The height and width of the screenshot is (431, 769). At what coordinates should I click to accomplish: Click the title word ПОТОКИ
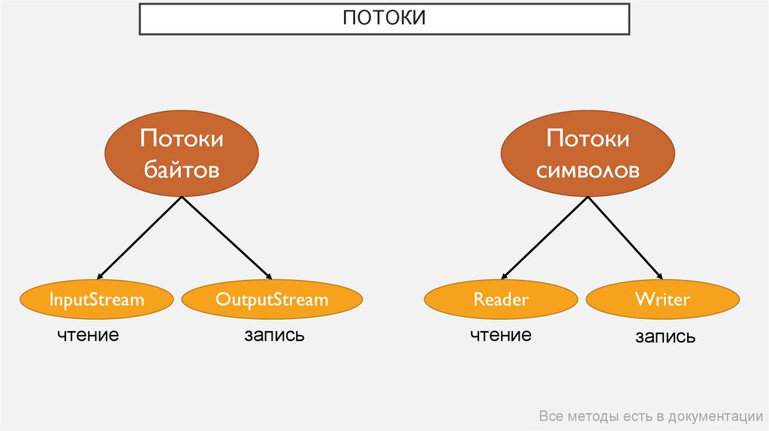[x=384, y=18]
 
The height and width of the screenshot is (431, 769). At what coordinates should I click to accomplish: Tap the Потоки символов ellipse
[x=577, y=155]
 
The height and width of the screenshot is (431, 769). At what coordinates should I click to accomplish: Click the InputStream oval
[x=96, y=300]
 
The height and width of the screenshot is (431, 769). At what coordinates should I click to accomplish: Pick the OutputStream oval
[x=272, y=300]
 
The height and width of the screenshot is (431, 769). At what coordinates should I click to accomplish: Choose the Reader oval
[x=501, y=300]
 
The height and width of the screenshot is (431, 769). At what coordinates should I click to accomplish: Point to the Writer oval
[x=662, y=300]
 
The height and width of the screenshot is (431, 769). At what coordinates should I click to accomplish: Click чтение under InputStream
[x=89, y=335]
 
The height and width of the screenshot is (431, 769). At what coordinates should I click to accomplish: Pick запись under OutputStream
[x=274, y=335]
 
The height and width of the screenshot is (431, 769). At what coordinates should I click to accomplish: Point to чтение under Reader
[x=501, y=335]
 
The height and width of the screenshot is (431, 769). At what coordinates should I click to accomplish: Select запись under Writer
[x=665, y=338]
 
